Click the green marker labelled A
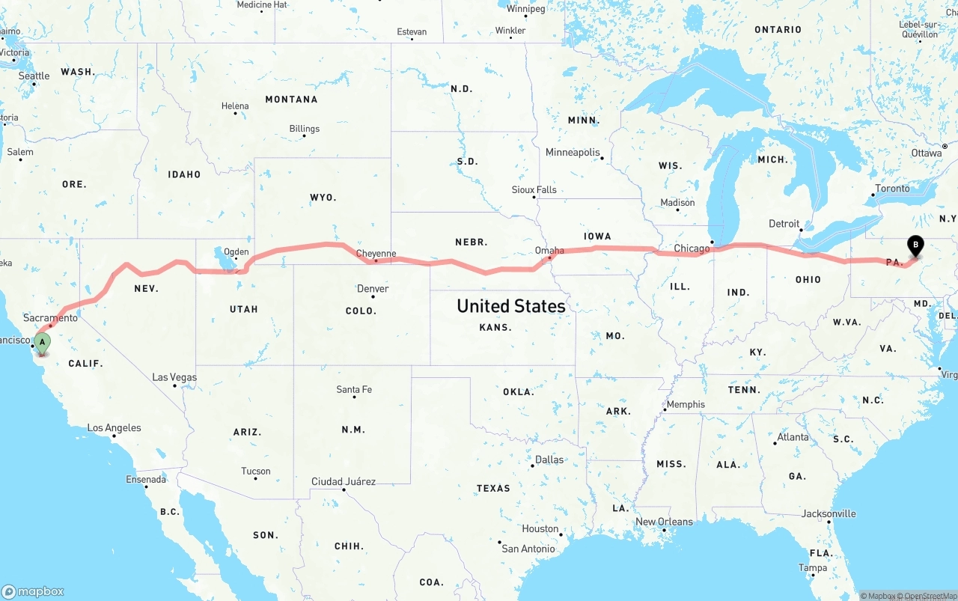click(x=43, y=344)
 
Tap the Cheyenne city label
click(x=376, y=254)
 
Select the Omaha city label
click(x=549, y=251)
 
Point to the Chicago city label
click(x=691, y=248)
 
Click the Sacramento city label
click(x=50, y=318)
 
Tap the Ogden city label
click(x=237, y=251)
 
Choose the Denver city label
click(x=373, y=289)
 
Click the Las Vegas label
click(x=174, y=377)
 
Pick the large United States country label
click(x=511, y=306)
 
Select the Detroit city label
click(x=784, y=224)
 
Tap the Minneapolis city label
click(x=573, y=153)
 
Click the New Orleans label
click(x=664, y=522)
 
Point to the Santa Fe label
click(x=354, y=389)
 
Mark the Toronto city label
click(x=892, y=189)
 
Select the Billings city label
click(x=305, y=129)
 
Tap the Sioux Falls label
click(x=534, y=190)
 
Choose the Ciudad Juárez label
click(x=344, y=481)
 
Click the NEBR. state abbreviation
click(x=472, y=242)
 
